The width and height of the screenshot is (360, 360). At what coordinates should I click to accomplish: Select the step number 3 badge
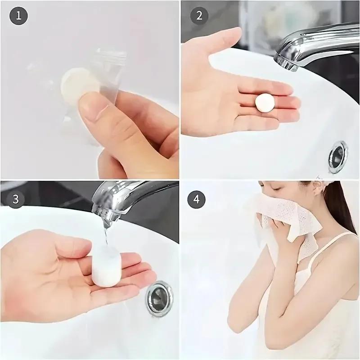[16, 198]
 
